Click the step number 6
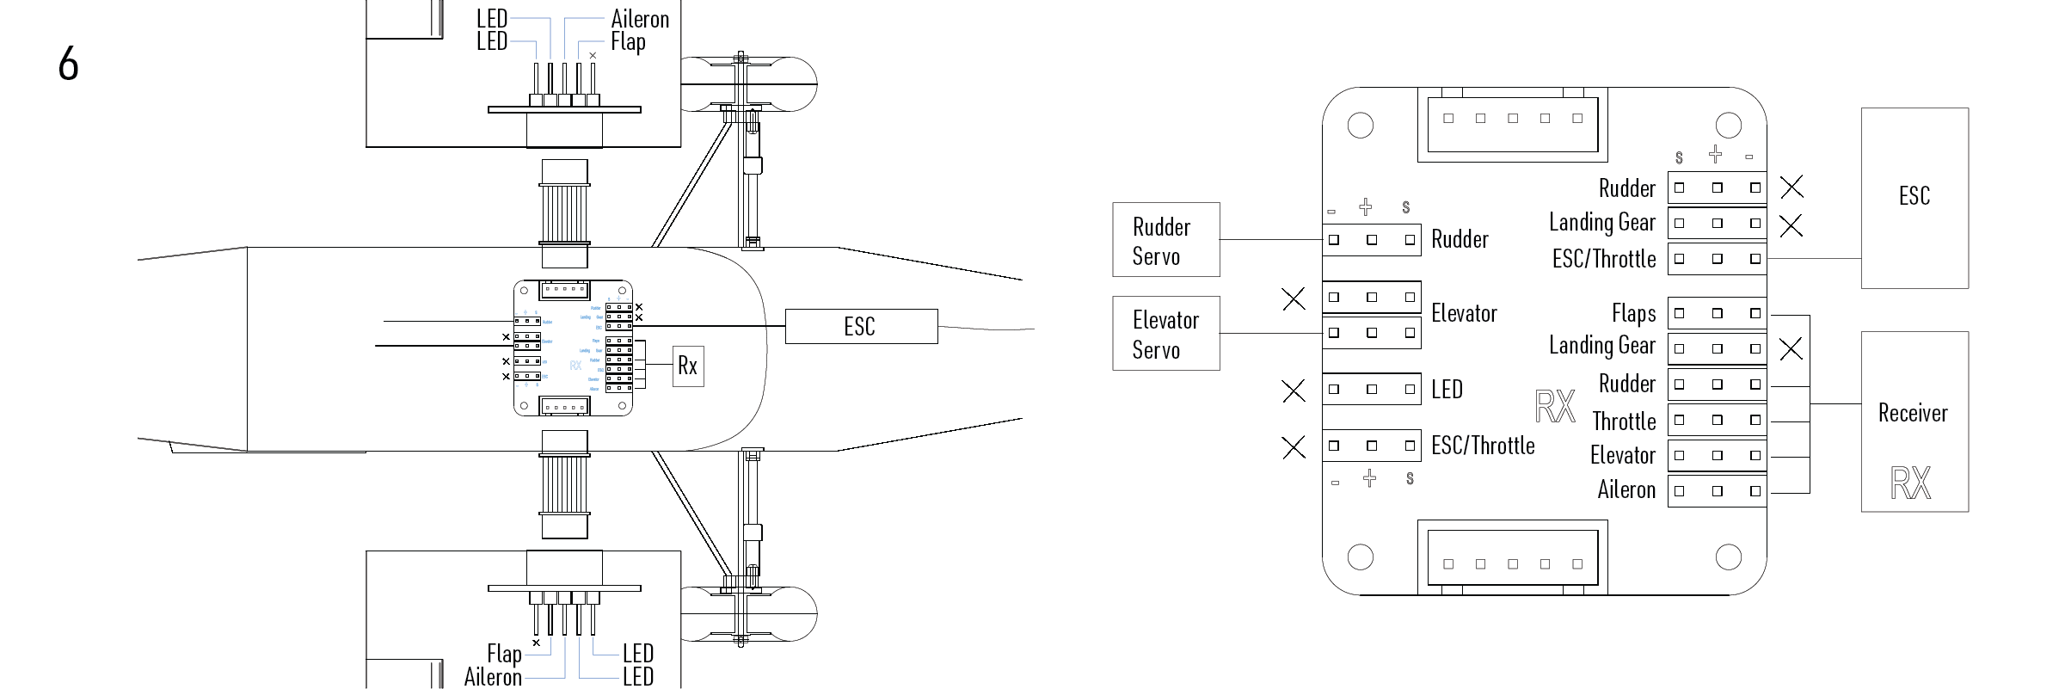click(68, 64)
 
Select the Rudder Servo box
click(1165, 240)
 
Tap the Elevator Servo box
click(1165, 334)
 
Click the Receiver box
click(1914, 421)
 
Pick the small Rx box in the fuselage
click(687, 366)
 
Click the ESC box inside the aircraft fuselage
click(861, 327)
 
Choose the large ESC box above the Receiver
click(1914, 197)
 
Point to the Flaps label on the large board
click(1633, 314)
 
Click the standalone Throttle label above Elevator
click(1624, 421)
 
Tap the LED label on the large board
click(1447, 390)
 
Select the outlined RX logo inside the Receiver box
click(1910, 483)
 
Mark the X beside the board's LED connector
click(1293, 391)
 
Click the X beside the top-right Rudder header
click(1792, 187)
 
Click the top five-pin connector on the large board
click(1512, 124)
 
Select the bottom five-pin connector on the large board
click(1512, 558)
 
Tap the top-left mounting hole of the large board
click(1360, 126)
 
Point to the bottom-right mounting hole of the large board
click(1728, 557)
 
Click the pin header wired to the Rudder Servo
click(1371, 240)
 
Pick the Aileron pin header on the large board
click(1717, 491)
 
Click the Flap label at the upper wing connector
click(628, 42)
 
